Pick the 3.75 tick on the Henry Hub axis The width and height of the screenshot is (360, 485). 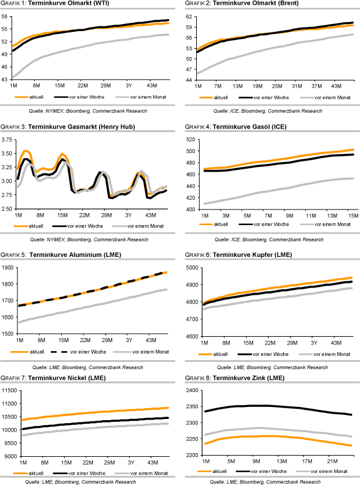8,139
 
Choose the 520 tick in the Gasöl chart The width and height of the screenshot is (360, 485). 193,139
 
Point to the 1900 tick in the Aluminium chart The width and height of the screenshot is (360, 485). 7,268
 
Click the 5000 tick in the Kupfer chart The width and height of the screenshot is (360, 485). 192,268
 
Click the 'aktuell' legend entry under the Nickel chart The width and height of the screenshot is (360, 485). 41,472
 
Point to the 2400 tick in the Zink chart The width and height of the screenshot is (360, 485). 191,391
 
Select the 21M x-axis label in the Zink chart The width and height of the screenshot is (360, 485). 329,461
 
